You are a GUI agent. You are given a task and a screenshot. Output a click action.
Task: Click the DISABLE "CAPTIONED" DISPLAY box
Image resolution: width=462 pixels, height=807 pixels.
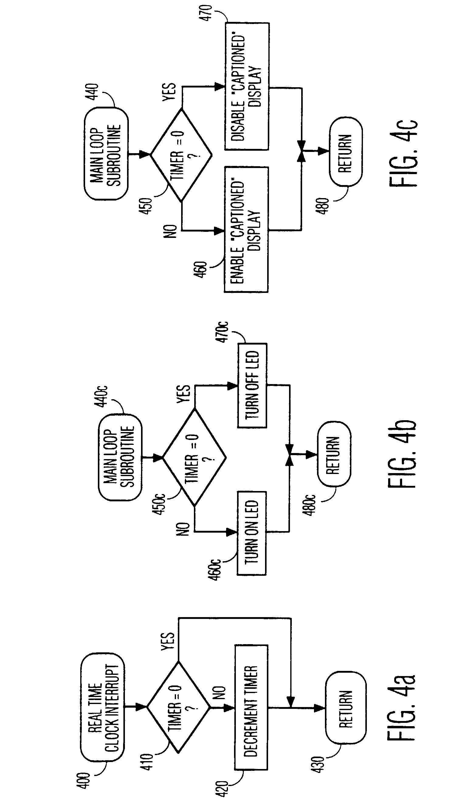(247, 86)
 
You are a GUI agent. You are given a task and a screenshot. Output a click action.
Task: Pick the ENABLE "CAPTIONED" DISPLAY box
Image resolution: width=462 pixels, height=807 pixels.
(246, 230)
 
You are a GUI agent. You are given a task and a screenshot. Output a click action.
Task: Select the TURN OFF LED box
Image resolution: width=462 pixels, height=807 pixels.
(252, 386)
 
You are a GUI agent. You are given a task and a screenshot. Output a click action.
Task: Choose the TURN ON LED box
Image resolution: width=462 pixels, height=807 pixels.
(252, 533)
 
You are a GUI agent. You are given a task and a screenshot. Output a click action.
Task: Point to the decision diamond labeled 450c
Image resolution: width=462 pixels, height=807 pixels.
(195, 458)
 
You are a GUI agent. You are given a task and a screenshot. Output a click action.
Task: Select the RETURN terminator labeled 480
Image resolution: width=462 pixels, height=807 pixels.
(346, 153)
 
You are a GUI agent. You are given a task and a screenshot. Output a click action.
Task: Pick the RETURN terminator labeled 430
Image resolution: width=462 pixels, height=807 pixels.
(346, 708)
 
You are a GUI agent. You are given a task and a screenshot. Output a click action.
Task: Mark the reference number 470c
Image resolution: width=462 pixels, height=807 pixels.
(223, 332)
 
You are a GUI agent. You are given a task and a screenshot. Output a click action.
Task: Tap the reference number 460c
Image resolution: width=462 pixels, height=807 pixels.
(215, 569)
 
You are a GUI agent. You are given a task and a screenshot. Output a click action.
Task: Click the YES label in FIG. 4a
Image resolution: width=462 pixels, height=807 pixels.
(167, 641)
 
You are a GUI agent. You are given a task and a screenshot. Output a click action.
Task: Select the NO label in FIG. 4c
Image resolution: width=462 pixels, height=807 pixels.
(171, 231)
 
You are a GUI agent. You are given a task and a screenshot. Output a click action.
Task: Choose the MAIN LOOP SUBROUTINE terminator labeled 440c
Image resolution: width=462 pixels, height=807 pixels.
(120, 458)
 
